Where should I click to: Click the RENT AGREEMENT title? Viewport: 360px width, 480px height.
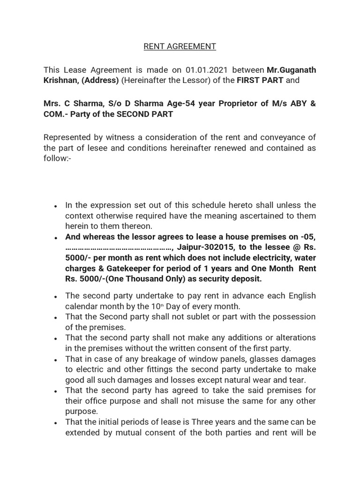(180, 46)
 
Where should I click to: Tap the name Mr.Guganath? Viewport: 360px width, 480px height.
(291, 70)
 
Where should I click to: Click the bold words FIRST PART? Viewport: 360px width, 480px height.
(260, 80)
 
